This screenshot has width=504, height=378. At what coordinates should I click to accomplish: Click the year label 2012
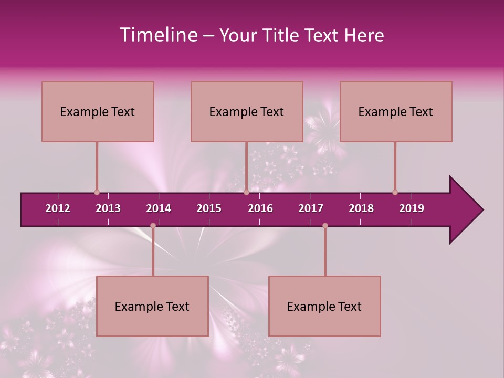coord(58,208)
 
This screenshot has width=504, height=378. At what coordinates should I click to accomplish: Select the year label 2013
coord(108,208)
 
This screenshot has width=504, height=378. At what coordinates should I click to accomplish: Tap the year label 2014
coord(159,208)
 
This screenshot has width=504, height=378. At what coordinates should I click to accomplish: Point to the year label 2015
coord(209,208)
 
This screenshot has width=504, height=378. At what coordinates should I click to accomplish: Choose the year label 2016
coord(260,208)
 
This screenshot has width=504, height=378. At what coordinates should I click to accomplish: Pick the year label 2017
coord(311,208)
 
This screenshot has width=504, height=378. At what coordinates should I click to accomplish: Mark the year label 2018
coord(361,208)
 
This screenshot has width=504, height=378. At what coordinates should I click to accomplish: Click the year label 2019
coord(412,208)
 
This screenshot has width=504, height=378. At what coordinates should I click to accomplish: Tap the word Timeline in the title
coord(158,35)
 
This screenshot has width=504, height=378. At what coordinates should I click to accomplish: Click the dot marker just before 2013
coord(97,192)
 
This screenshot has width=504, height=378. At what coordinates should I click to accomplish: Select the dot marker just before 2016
coord(246,192)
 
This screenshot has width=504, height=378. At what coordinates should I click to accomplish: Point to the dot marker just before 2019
coord(395,192)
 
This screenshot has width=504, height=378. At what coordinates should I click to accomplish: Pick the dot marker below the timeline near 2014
coord(153,226)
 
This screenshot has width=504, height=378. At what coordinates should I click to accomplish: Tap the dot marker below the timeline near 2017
coord(325,226)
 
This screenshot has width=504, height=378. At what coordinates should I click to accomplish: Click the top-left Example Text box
coord(98,111)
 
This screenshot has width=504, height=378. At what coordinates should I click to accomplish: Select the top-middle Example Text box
coord(247,111)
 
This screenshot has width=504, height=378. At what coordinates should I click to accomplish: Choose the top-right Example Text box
coord(396,111)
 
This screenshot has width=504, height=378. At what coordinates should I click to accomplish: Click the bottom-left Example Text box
coord(152,306)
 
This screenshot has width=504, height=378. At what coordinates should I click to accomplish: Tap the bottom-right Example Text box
coord(324,306)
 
